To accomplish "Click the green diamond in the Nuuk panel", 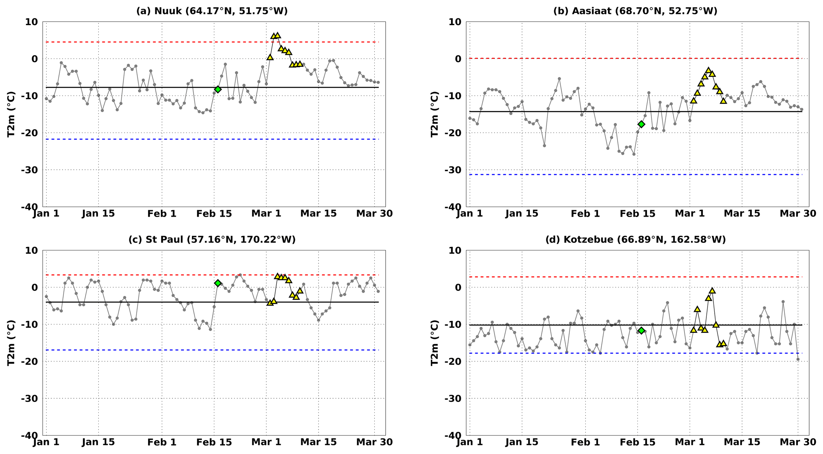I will pos(217,89).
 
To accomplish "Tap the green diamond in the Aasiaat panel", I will pos(641,124).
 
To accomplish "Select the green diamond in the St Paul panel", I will pos(217,283).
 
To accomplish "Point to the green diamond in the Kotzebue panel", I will pos(641,331).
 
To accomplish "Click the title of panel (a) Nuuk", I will pos(212,11).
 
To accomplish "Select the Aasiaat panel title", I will pos(635,11).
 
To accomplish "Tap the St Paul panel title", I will pos(212,240).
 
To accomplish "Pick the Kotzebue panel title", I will pos(635,240).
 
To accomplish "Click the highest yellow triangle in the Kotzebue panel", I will pos(712,290).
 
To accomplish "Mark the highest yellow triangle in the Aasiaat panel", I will pos(708,70).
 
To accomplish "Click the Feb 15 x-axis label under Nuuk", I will pos(214,213).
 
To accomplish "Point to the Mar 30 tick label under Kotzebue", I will pos(798,442).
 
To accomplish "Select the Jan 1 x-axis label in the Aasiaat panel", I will pos(470,213).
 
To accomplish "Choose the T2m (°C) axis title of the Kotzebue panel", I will pos(435,343).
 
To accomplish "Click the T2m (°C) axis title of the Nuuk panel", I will pos(12,114).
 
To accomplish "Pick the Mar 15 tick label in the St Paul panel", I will pos(319,442).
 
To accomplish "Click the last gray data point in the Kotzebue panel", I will pos(798,359).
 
